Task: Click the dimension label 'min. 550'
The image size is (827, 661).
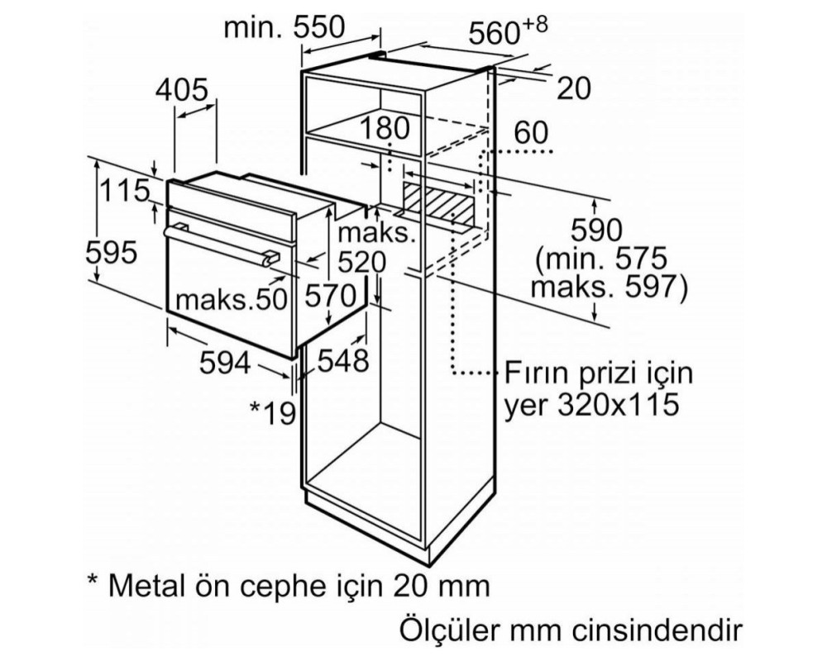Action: tap(284, 27)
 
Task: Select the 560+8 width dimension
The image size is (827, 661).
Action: tap(508, 31)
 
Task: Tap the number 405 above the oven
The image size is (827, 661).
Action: tap(182, 90)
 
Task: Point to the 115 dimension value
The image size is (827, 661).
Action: tap(125, 190)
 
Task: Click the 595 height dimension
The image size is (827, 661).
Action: tap(112, 253)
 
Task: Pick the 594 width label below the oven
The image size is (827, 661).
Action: tap(225, 363)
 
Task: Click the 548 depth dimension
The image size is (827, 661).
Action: tap(343, 361)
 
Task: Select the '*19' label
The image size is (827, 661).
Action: tap(273, 413)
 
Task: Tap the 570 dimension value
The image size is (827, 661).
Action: tap(332, 296)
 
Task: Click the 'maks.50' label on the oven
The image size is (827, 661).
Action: tap(231, 300)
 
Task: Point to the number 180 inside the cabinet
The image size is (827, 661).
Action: tap(385, 128)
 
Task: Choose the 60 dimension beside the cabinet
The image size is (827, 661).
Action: tap(531, 133)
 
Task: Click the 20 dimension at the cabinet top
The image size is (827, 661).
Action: tap(574, 88)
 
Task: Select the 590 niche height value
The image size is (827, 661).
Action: tap(597, 231)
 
